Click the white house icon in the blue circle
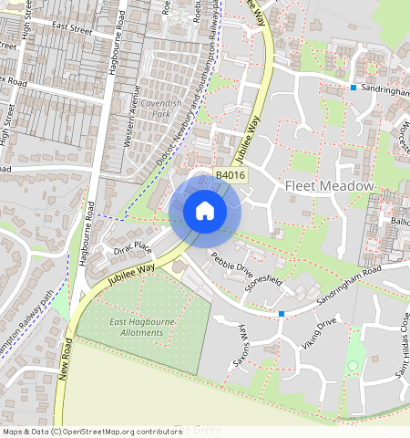tap(205, 211)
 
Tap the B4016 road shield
tap(231, 175)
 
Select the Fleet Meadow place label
tap(330, 186)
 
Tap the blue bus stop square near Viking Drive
tap(282, 314)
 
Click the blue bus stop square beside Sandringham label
tap(354, 88)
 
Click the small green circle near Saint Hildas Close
tap(353, 366)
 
